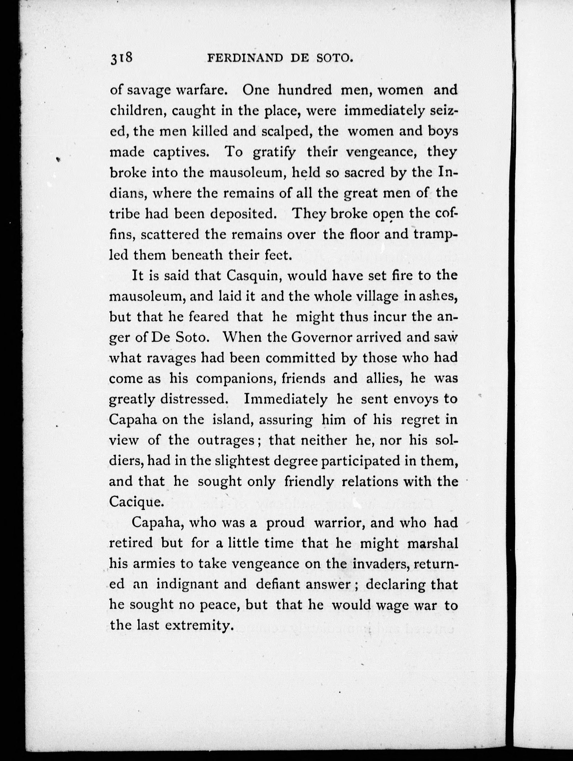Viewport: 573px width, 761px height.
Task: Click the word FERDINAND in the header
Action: click(245, 59)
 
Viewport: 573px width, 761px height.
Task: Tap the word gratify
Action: click(274, 152)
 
